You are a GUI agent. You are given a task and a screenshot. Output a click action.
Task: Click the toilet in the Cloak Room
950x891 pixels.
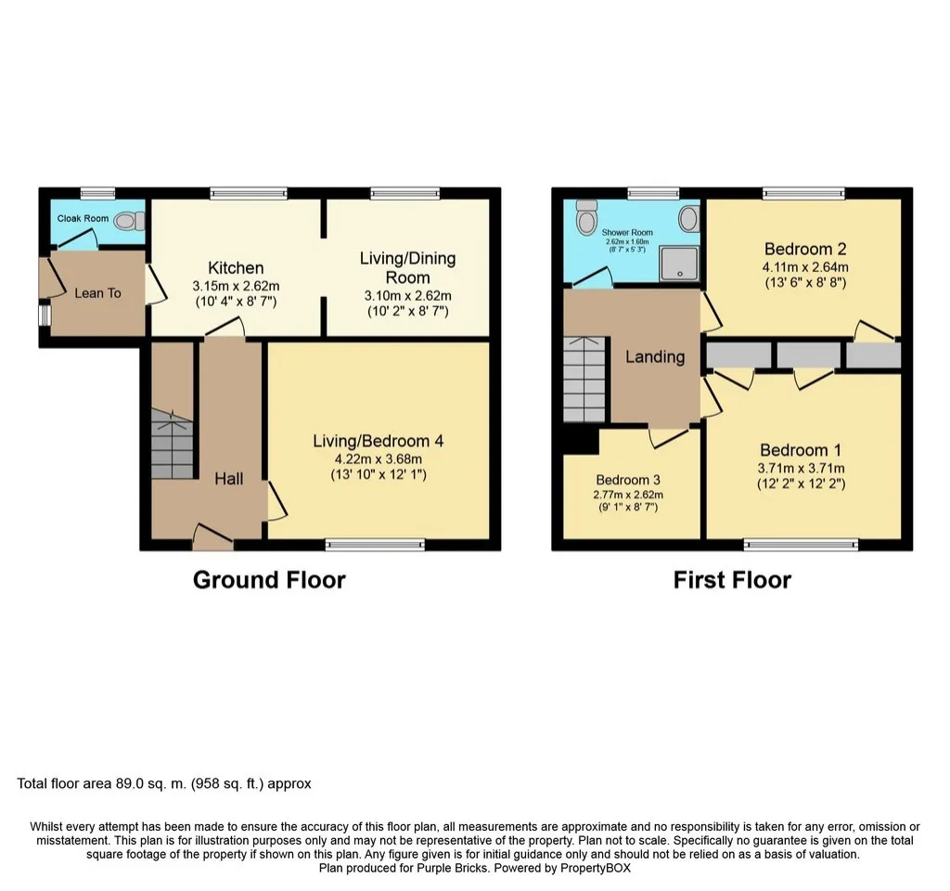pyautogui.click(x=129, y=221)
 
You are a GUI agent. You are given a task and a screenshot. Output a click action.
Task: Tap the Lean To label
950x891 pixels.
pyautogui.click(x=97, y=293)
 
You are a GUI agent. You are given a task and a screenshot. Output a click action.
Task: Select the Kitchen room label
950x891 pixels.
pyautogui.click(x=236, y=268)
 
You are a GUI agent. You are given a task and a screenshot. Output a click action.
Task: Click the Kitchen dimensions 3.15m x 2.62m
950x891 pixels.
pyautogui.click(x=236, y=286)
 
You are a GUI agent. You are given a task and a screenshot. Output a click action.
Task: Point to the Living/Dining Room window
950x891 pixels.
pyautogui.click(x=405, y=193)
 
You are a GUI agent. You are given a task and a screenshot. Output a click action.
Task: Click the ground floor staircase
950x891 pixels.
pyautogui.click(x=172, y=444)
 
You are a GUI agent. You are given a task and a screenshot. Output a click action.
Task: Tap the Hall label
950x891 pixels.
pyautogui.click(x=228, y=479)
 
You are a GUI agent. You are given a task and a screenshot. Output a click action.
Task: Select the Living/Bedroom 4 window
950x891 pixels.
pyautogui.click(x=375, y=544)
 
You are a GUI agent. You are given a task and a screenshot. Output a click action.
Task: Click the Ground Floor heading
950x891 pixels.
pyautogui.click(x=269, y=580)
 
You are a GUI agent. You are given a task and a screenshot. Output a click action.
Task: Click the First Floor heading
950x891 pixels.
pyautogui.click(x=732, y=580)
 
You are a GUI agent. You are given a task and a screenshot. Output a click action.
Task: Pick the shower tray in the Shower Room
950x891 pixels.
pyautogui.click(x=680, y=264)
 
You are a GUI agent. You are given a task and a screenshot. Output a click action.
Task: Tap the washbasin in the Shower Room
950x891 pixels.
pyautogui.click(x=689, y=218)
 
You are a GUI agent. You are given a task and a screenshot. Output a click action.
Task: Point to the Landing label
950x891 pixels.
pyautogui.click(x=655, y=356)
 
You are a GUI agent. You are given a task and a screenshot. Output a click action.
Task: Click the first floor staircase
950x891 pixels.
pyautogui.click(x=584, y=380)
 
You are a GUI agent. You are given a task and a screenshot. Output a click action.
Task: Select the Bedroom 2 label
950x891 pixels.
pyautogui.click(x=805, y=249)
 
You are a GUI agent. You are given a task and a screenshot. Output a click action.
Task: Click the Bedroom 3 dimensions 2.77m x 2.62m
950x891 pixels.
pyautogui.click(x=628, y=495)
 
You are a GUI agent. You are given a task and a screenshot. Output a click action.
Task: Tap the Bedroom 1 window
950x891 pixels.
pyautogui.click(x=801, y=544)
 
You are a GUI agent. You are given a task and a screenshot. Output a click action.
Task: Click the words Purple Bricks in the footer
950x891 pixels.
pyautogui.click(x=452, y=868)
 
